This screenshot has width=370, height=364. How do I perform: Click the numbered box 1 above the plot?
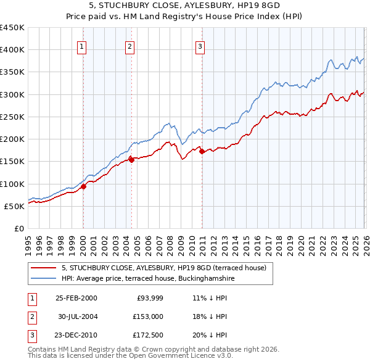coord(82,45)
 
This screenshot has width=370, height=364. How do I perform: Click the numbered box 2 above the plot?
coord(130,45)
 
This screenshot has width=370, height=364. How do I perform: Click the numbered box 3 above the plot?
coord(200,45)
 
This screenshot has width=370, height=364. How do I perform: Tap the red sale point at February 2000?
coord(84,187)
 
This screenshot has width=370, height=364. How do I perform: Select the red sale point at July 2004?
coord(131,160)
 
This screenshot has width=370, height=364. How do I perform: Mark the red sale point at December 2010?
coord(201,151)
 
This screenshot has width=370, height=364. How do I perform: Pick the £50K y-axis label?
coord(15,206)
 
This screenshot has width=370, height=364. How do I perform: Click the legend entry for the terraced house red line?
coord(163,268)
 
